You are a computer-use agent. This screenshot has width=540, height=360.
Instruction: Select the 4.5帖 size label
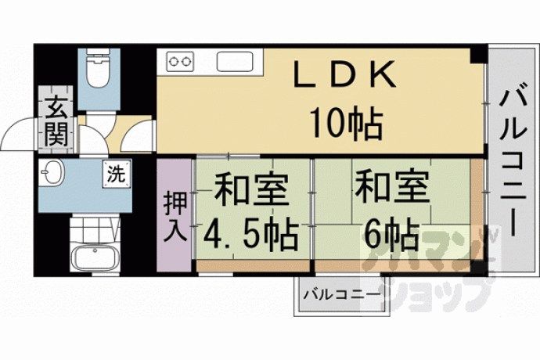(250, 235)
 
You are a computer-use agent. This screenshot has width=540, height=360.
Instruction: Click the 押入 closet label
(175, 216)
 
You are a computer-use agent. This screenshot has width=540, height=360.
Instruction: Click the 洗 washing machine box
(117, 175)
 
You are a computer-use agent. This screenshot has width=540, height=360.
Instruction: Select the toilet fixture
(99, 68)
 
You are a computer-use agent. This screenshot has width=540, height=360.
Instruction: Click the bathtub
(95, 258)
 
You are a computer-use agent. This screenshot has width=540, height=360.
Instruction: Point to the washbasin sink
(52, 172)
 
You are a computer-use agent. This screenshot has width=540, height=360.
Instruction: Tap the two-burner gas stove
(180, 61)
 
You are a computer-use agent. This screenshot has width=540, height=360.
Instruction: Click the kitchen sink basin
(235, 61)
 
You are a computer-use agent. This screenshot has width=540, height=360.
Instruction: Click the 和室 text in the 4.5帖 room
(251, 189)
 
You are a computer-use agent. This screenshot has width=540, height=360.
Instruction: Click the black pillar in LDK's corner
(478, 55)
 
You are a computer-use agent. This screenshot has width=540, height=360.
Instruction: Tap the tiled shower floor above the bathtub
(95, 229)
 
